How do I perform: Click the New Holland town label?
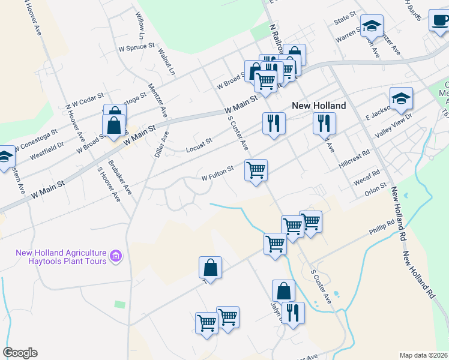click(x=318, y=106)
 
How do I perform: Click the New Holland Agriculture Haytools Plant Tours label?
click(x=61, y=257)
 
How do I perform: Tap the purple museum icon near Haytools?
click(x=117, y=257)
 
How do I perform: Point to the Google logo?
click(x=20, y=353)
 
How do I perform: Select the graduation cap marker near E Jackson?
click(x=401, y=98)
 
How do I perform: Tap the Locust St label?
click(x=199, y=143)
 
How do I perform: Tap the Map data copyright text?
click(x=423, y=355)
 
